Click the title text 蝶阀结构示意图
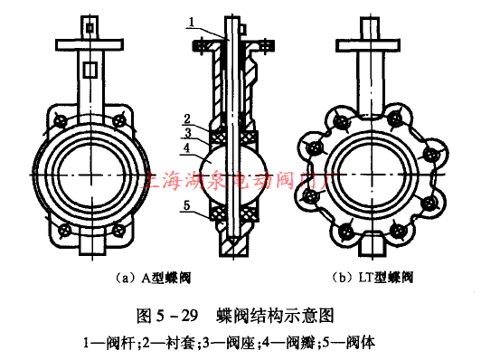(276, 317)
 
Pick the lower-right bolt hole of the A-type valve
(124, 228)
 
